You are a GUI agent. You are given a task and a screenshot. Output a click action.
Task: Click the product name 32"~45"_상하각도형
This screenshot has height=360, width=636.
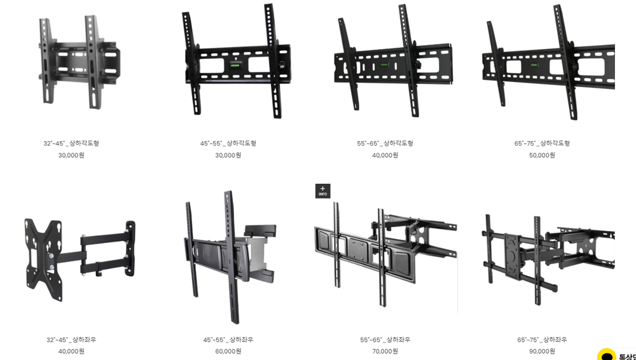tap(71, 143)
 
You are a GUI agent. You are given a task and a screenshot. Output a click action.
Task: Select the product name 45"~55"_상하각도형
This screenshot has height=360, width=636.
tap(228, 143)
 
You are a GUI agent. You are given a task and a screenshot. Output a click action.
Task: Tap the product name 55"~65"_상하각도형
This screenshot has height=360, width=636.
tap(385, 143)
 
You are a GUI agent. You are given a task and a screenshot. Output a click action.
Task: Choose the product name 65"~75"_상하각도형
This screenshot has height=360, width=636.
tap(543, 143)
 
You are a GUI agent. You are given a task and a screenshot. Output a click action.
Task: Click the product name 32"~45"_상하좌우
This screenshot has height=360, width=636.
tap(71, 340)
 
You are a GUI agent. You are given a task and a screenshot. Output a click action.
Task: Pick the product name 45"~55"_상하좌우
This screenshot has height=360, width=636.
tap(228, 340)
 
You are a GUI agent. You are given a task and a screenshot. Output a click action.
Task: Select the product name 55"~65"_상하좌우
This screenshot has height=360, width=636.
tap(385, 340)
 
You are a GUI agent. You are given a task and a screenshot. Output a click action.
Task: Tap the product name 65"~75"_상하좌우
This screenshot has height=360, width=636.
tap(543, 340)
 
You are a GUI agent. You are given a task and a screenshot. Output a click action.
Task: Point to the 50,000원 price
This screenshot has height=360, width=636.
tap(543, 155)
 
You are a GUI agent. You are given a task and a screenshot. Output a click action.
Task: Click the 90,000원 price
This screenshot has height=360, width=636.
tap(543, 351)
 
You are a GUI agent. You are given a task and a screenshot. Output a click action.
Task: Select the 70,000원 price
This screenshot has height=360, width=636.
tap(385, 351)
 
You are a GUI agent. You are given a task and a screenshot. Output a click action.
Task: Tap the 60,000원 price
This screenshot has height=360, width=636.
tap(228, 351)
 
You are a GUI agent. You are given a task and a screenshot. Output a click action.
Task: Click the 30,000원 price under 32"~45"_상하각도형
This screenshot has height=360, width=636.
tap(71, 155)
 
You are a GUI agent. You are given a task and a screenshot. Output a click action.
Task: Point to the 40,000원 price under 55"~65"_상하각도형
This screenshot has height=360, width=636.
tap(385, 155)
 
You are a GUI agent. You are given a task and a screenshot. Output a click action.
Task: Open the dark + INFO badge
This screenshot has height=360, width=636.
tap(323, 191)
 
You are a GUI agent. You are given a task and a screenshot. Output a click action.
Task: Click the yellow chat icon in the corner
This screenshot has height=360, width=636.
tap(607, 355)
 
